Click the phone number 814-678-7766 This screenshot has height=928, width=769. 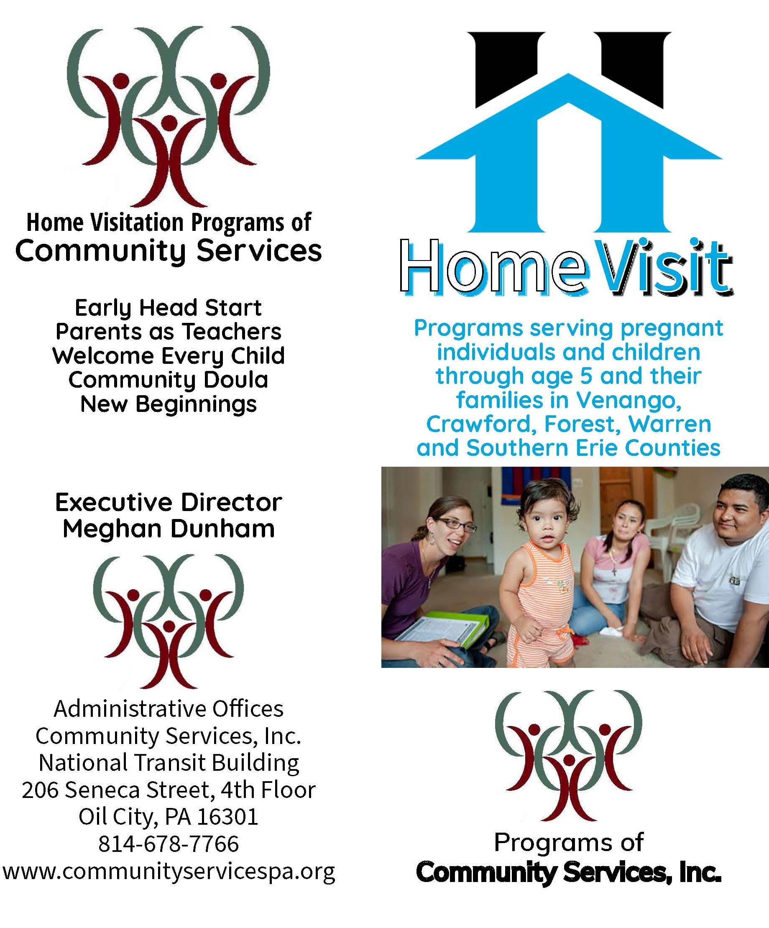169,844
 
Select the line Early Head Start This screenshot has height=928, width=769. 169,308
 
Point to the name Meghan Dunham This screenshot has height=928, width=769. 169,529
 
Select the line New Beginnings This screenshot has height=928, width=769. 169,404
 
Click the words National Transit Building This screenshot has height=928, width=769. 169,763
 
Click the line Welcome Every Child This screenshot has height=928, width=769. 169,356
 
